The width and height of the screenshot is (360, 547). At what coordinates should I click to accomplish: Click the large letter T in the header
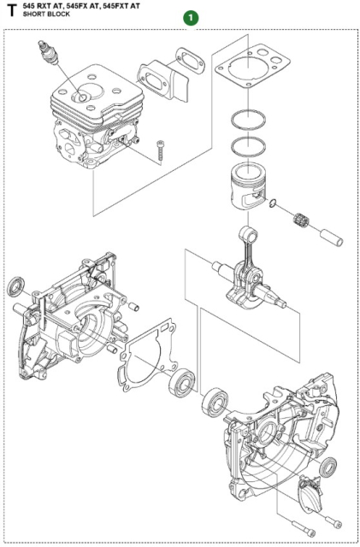click(10, 14)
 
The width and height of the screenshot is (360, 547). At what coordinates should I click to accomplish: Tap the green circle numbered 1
click(190, 16)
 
